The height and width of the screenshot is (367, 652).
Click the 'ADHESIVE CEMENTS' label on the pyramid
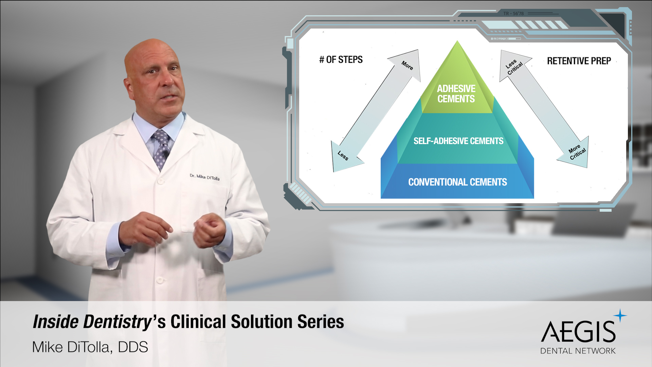tap(456, 94)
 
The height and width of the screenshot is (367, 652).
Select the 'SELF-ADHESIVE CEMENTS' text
tap(458, 141)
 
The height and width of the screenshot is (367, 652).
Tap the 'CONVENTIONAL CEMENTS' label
tap(457, 182)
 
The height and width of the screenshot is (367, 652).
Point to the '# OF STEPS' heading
tap(341, 60)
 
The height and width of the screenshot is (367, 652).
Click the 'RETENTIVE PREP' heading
tap(579, 61)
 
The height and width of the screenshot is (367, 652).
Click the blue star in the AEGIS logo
tap(620, 315)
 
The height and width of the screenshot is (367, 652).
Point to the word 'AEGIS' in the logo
tap(578, 332)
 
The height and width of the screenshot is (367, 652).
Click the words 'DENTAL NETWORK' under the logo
tap(578, 351)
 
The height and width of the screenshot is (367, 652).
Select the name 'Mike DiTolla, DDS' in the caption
tap(90, 347)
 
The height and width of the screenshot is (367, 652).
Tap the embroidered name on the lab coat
tap(205, 177)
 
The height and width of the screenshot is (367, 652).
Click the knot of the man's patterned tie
tap(161, 137)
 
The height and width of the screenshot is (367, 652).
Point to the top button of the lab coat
tap(161, 181)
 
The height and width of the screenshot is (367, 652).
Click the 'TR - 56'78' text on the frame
tap(513, 14)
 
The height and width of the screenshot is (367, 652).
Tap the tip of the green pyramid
tap(457, 41)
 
